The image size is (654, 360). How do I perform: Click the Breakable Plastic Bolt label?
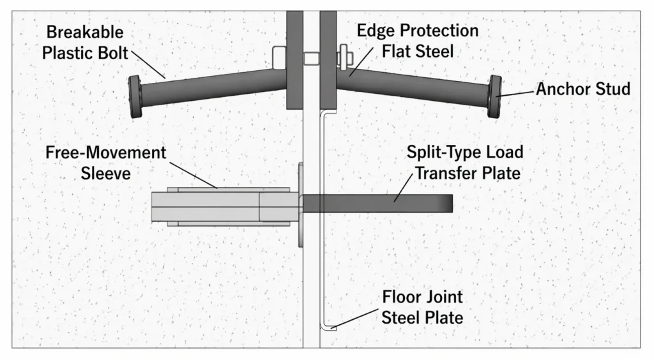coord(83,42)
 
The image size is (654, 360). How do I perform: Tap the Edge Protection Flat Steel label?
coord(418,40)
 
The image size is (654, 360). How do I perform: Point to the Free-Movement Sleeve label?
coord(105,163)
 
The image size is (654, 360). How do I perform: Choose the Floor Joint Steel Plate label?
coord(422,306)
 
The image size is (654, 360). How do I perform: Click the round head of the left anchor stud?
coord(135,96)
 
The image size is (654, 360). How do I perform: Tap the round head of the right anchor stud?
coord(494,96)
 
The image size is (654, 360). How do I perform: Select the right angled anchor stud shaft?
coord(415,86)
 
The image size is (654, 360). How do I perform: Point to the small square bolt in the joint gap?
coord(311,59)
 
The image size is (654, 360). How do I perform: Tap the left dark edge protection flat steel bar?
coord(294,61)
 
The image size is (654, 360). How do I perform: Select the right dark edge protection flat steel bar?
coord(328,61)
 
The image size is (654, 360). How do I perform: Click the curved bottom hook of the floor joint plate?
coord(328,327)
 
